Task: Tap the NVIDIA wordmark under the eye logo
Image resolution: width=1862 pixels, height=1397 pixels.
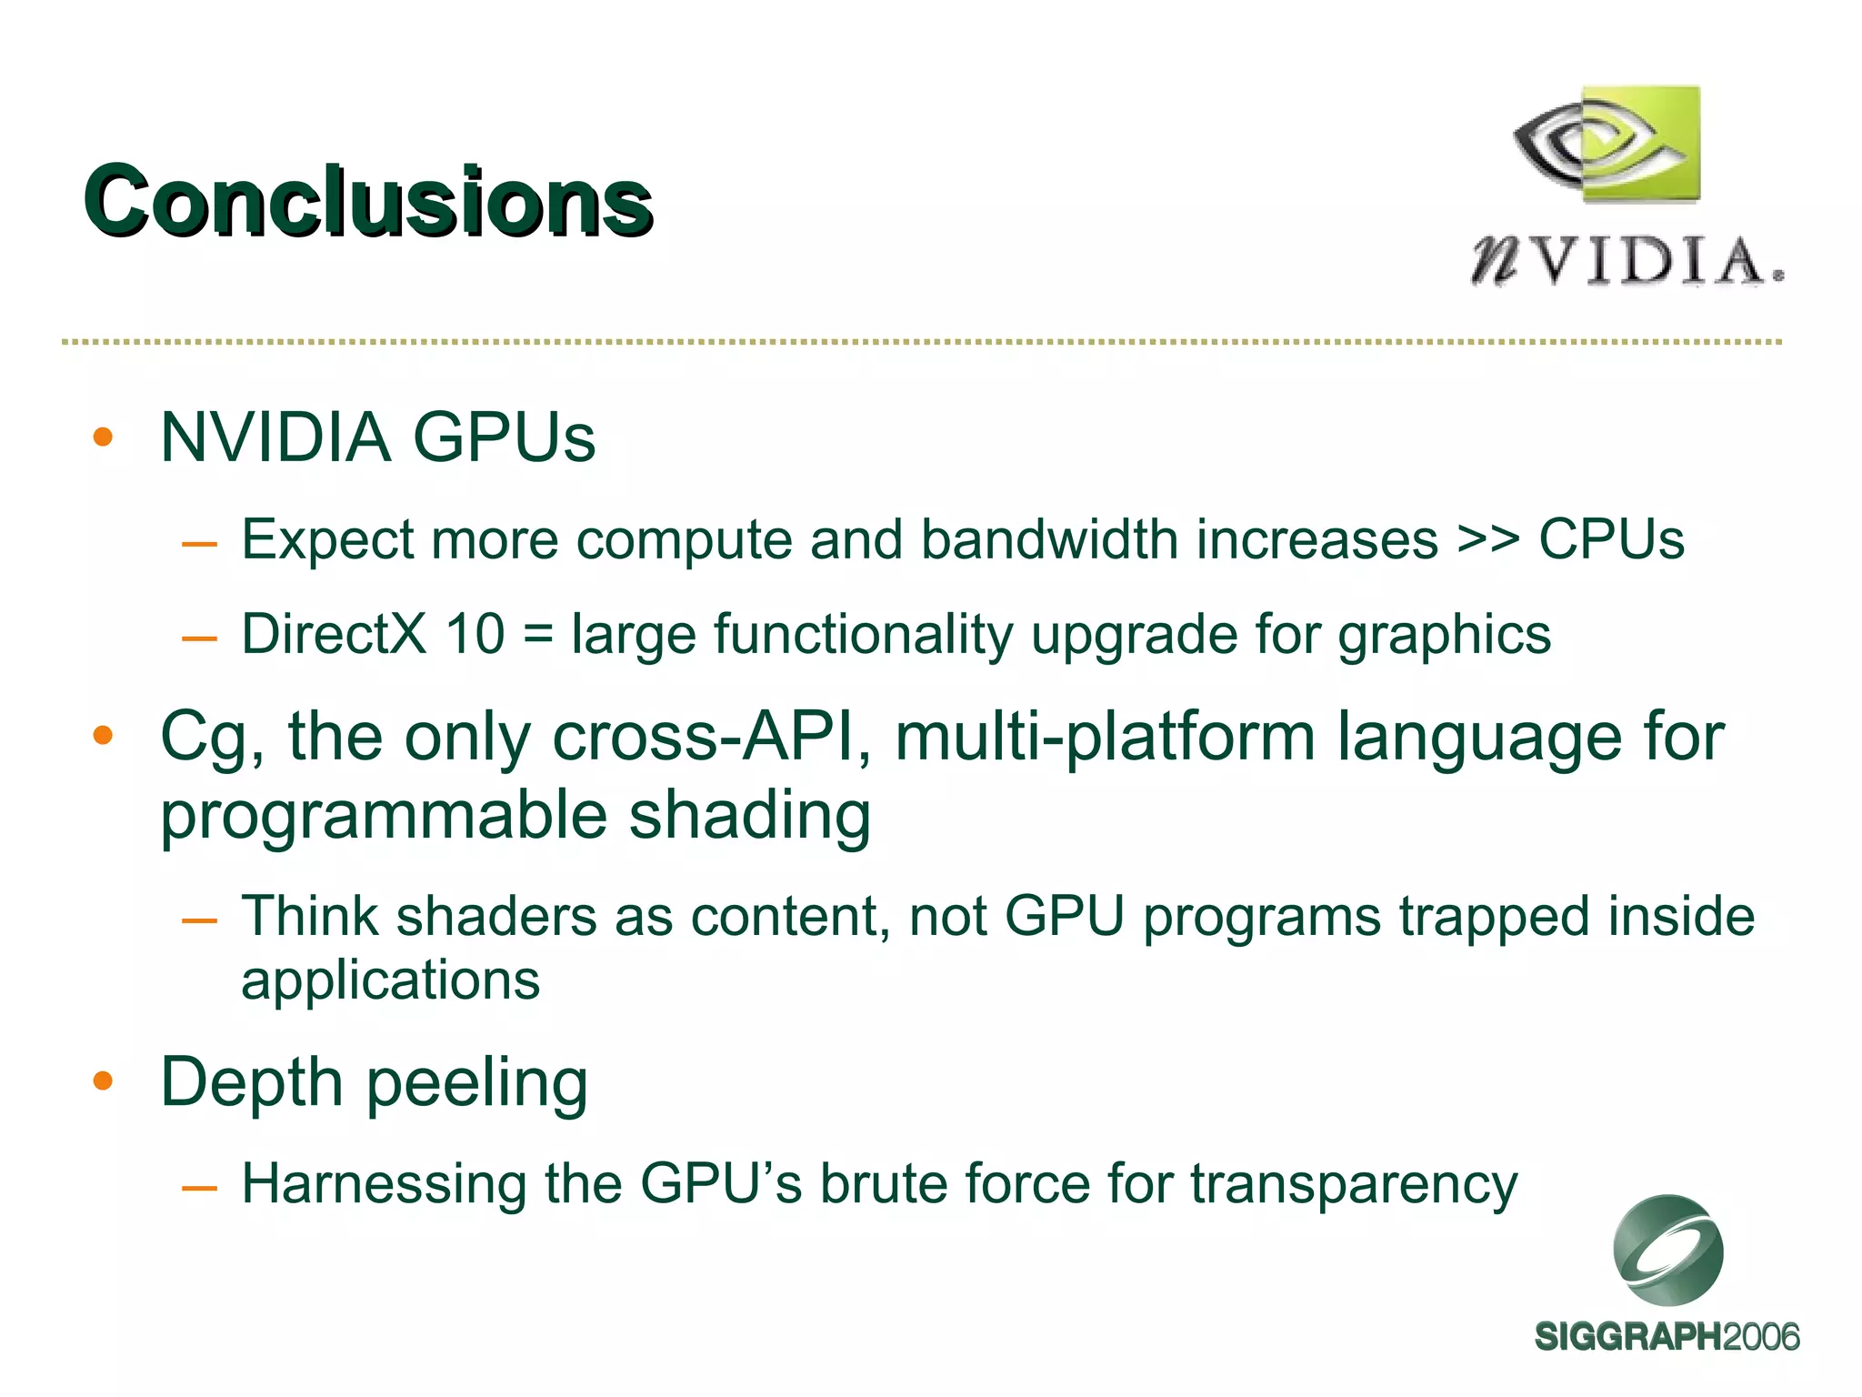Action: [1627, 262]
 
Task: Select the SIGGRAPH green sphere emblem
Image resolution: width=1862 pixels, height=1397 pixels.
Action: [1667, 1251]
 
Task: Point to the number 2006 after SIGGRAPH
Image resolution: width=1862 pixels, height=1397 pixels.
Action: [1760, 1337]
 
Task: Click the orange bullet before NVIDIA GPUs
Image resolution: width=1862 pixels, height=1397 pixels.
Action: [103, 437]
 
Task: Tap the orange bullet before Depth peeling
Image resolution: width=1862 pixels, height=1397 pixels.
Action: [103, 1081]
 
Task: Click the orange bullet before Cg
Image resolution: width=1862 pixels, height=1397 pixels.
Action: [103, 735]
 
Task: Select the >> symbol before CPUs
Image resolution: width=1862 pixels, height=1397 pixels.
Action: [1487, 539]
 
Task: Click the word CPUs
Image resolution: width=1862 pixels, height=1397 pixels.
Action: [1611, 539]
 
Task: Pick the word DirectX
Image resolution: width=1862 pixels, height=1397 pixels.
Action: [334, 634]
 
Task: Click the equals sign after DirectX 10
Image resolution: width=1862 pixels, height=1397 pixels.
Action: [538, 634]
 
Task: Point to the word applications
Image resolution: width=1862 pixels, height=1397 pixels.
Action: [391, 980]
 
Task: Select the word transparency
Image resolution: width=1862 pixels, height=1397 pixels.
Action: [1354, 1185]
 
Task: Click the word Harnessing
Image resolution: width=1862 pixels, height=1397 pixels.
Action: [383, 1185]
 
